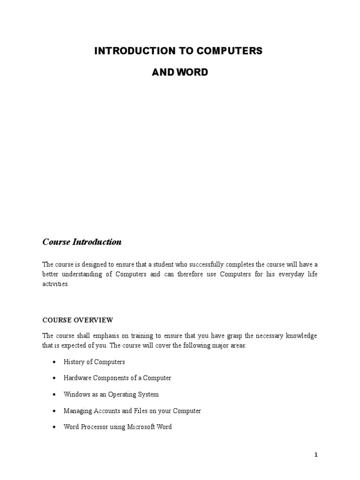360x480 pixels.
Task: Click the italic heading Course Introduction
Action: (x=82, y=242)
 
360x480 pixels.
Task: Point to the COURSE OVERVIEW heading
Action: (x=78, y=320)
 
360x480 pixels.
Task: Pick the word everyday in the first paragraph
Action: (x=286, y=274)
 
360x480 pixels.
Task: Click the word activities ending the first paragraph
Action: (x=55, y=284)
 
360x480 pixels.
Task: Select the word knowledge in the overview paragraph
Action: (x=301, y=336)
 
